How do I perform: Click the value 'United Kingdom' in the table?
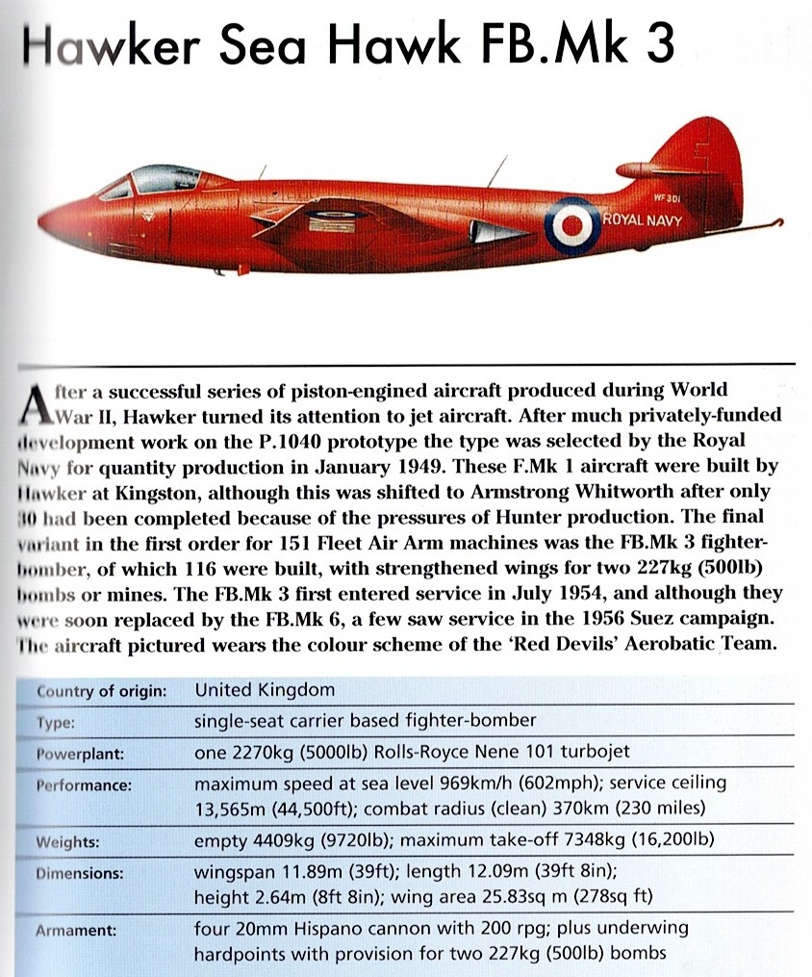coord(265,689)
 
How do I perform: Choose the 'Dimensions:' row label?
coord(81,874)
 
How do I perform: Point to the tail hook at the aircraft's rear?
coord(760,228)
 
